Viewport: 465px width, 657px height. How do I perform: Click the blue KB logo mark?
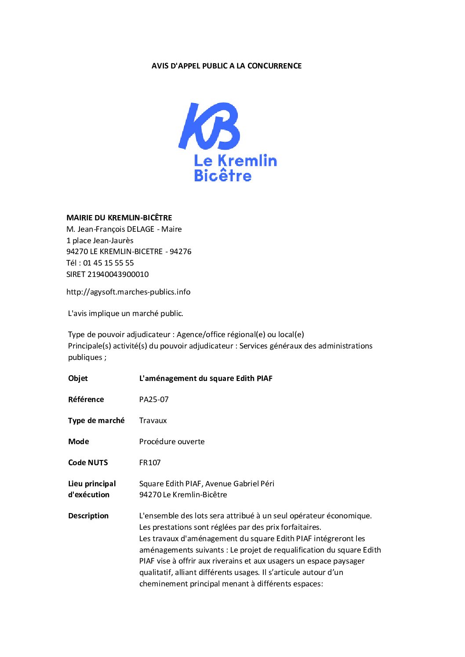pos(209,126)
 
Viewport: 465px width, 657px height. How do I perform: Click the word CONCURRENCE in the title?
pos(274,66)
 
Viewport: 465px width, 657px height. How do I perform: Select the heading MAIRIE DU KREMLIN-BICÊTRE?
pos(119,218)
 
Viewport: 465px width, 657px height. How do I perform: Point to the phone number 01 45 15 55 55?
pos(108,263)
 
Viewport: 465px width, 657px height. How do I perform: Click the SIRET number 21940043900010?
pos(118,274)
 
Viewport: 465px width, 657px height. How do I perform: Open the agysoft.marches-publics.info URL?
pos(128,292)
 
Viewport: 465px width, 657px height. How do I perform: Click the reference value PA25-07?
pos(154,399)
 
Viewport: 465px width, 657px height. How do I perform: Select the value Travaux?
pos(153,420)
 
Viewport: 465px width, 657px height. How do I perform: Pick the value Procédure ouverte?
pos(172,442)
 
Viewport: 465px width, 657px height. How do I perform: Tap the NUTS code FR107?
pos(150,463)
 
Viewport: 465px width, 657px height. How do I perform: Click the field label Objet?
pos(78,378)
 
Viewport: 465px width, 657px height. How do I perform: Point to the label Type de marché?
pos(96,420)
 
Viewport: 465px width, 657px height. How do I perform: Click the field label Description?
pos(88,516)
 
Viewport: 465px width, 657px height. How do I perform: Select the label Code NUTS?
pos(88,463)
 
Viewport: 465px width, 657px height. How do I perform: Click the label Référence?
pos(86,399)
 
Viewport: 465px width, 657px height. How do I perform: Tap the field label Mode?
pos(79,442)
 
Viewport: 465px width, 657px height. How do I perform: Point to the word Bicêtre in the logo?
pos(223,176)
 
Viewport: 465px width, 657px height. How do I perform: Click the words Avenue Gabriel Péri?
pos(240,484)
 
